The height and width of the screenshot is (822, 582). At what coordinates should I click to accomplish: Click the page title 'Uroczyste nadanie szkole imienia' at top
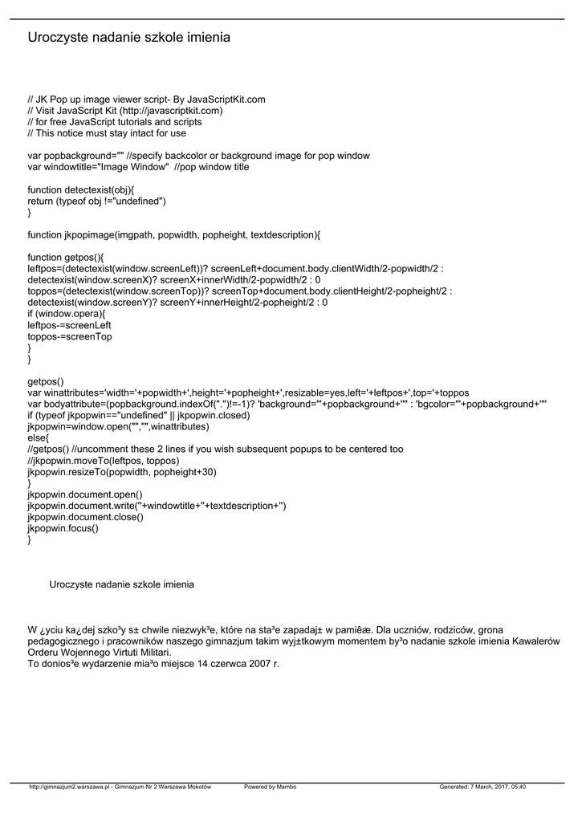coord(128,38)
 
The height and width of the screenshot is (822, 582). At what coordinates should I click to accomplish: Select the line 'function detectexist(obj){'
coord(81,189)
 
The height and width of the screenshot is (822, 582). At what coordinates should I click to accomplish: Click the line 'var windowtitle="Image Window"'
coord(98,167)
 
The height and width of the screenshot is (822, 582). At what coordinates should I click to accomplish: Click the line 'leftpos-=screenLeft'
coord(69,325)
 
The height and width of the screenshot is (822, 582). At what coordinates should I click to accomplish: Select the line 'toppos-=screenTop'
coord(70,336)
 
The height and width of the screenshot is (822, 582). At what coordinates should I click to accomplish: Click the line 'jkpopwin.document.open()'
coord(85,494)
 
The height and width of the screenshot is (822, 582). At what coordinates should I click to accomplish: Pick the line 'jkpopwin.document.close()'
coord(86,517)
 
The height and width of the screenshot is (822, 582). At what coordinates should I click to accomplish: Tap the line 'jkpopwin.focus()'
coord(63,528)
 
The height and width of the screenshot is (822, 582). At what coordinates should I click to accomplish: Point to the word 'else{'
coord(39,438)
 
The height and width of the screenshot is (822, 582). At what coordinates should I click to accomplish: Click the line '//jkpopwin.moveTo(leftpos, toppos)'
coord(104,461)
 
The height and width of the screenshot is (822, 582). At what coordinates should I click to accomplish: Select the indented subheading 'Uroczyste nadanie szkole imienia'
coord(121,584)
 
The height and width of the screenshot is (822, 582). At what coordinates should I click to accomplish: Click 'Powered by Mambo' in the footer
coord(270,787)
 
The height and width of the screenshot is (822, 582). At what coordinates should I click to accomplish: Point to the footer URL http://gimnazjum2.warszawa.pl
coord(68,787)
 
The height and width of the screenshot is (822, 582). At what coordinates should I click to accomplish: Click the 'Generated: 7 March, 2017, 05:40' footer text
coord(482,787)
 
